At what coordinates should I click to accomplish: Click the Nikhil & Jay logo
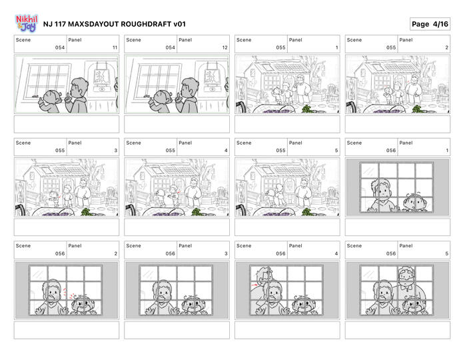point(27,23)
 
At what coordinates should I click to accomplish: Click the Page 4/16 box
point(430,24)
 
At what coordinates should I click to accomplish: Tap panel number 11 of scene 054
point(115,47)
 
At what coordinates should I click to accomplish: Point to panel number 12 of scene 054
point(225,47)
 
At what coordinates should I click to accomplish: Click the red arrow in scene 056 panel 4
point(254,285)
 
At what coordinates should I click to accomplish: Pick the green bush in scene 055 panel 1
point(306,109)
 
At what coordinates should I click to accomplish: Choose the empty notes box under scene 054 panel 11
point(67,124)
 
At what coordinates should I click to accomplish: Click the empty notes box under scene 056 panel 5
point(398,330)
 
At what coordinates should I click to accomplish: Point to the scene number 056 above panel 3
point(171,253)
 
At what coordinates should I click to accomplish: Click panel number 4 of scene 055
point(226,151)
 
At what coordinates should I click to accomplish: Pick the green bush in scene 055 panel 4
point(197,212)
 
